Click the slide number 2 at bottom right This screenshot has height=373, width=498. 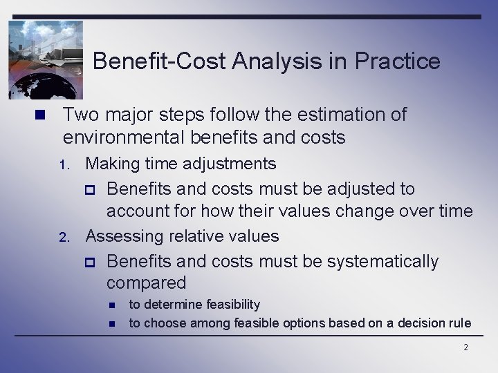coord(465,347)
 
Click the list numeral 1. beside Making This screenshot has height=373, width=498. coord(65,165)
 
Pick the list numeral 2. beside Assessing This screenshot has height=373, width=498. coord(65,238)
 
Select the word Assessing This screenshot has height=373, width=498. coord(127,236)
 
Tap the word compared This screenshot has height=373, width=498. coord(146,283)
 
